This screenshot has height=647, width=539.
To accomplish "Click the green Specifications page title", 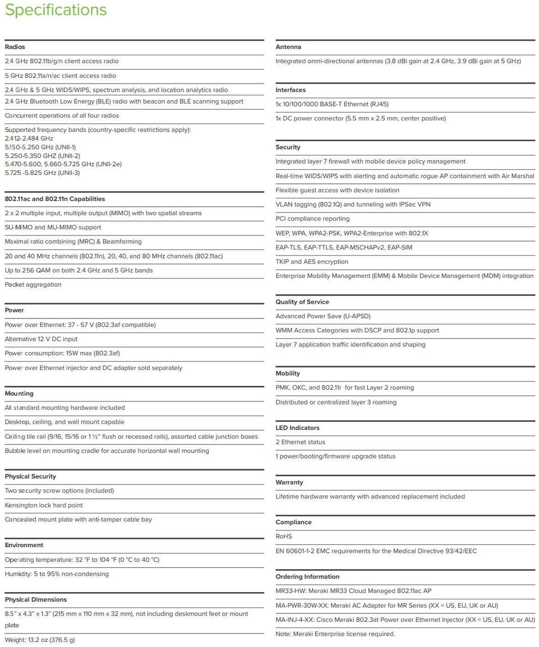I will (56, 10).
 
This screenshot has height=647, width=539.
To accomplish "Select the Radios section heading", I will (15, 47).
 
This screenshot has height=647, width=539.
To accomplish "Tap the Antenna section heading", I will (288, 47).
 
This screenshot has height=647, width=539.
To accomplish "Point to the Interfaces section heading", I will (290, 90).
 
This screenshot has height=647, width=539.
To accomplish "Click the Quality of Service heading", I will (302, 302).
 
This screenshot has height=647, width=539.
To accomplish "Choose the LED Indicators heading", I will (297, 428).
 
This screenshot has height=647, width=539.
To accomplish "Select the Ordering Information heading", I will (307, 576).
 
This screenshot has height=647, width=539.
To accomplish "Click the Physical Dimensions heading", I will (36, 599).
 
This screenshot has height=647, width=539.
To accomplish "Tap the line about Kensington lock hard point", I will (44, 505).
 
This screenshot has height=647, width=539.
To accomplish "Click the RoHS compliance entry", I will (284, 537).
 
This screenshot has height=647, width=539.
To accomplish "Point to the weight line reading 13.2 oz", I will (40, 640).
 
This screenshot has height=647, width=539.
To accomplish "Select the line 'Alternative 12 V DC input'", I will (41, 339).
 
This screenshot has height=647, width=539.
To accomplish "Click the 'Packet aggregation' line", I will (33, 284).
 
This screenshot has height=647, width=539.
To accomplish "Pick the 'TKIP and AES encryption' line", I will (312, 261).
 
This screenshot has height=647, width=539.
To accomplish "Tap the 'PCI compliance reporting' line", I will (312, 219).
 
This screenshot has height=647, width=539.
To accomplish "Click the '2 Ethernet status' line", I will (300, 442).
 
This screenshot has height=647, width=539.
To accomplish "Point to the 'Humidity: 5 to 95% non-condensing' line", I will (57, 574).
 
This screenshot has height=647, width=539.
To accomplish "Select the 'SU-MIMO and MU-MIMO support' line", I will (53, 227).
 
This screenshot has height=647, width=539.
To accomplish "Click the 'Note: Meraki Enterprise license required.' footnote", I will (335, 634).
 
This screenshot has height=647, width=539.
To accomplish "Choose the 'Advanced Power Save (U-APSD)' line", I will (323, 316).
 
